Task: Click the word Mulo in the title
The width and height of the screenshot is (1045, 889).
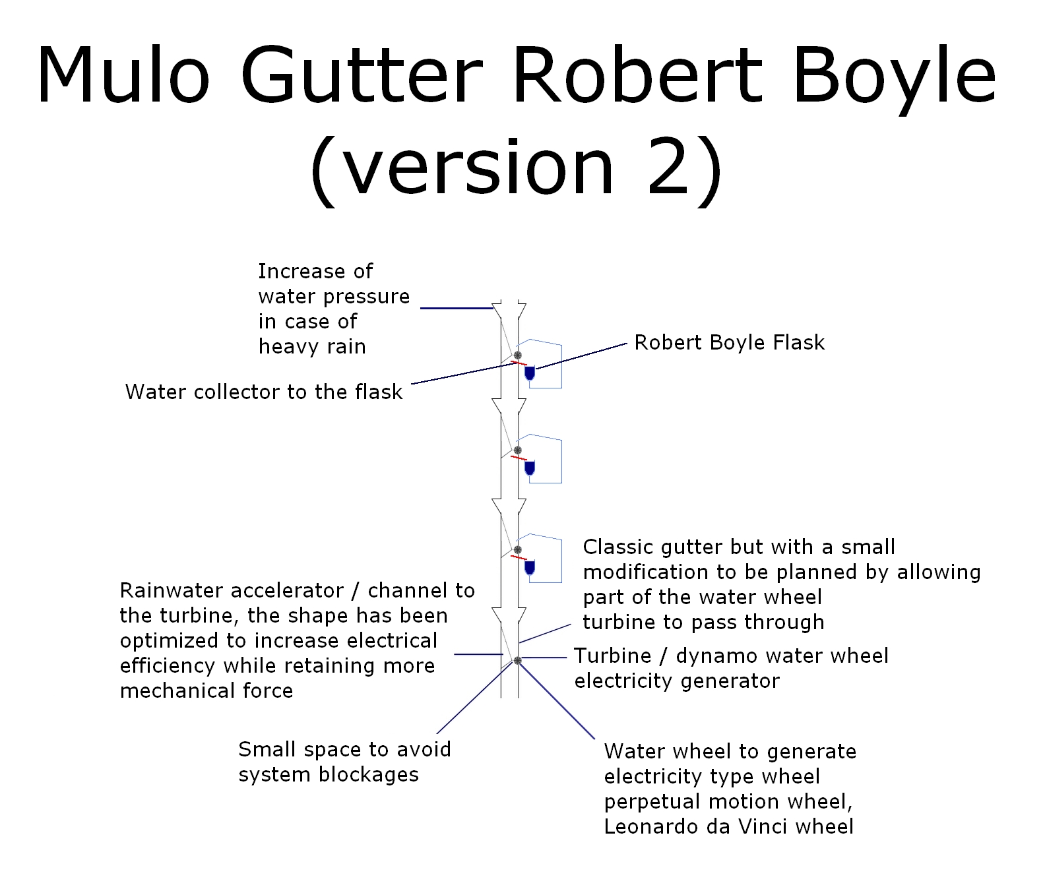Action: [123, 75]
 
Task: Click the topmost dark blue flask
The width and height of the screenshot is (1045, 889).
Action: [529, 374]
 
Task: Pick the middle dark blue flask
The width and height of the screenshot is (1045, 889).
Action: [529, 468]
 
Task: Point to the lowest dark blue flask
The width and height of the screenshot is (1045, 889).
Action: [529, 567]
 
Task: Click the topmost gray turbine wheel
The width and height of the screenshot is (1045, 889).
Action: [517, 355]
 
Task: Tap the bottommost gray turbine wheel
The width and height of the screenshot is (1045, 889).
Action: [517, 660]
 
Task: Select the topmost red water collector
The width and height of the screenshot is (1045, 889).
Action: [519, 363]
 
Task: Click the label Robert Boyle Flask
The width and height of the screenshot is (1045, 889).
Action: [729, 343]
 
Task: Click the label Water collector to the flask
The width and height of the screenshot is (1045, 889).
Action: [264, 392]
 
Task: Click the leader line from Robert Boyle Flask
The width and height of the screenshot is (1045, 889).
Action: [581, 356]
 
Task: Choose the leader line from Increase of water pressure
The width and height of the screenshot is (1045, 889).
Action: [457, 308]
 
